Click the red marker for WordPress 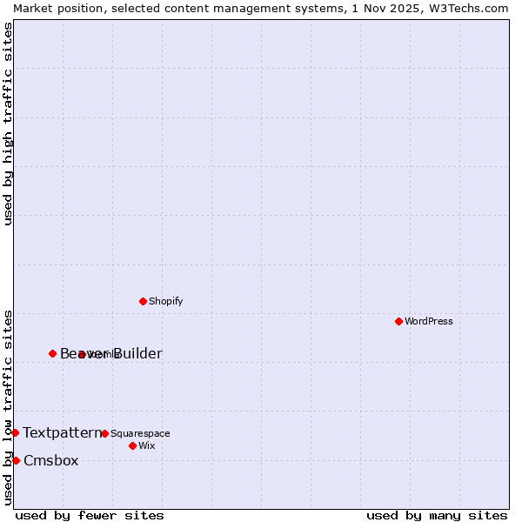398,321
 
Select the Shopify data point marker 143,301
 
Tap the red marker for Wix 132,445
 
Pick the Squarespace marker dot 104,433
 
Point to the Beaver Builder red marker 52,353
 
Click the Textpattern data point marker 15,432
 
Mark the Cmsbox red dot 16,460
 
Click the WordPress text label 429,321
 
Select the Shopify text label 165,301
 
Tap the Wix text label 146,445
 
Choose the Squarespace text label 140,433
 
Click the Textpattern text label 62,432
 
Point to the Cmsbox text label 50,460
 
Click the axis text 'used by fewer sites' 90,516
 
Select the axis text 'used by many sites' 437,516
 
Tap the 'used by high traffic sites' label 8,124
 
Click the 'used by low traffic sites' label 8,406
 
